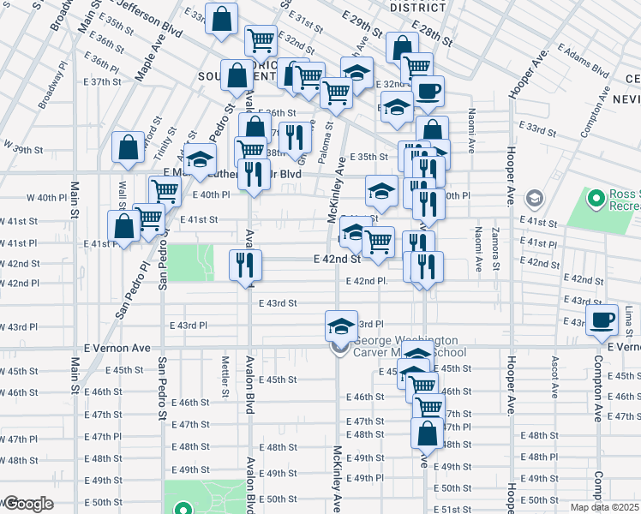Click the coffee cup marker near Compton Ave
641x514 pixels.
[x=602, y=320]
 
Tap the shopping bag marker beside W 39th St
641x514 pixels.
[x=128, y=147]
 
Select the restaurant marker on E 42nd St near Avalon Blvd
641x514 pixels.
[x=245, y=264]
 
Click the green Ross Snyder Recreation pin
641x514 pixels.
[x=595, y=200]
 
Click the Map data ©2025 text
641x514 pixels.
[x=604, y=507]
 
